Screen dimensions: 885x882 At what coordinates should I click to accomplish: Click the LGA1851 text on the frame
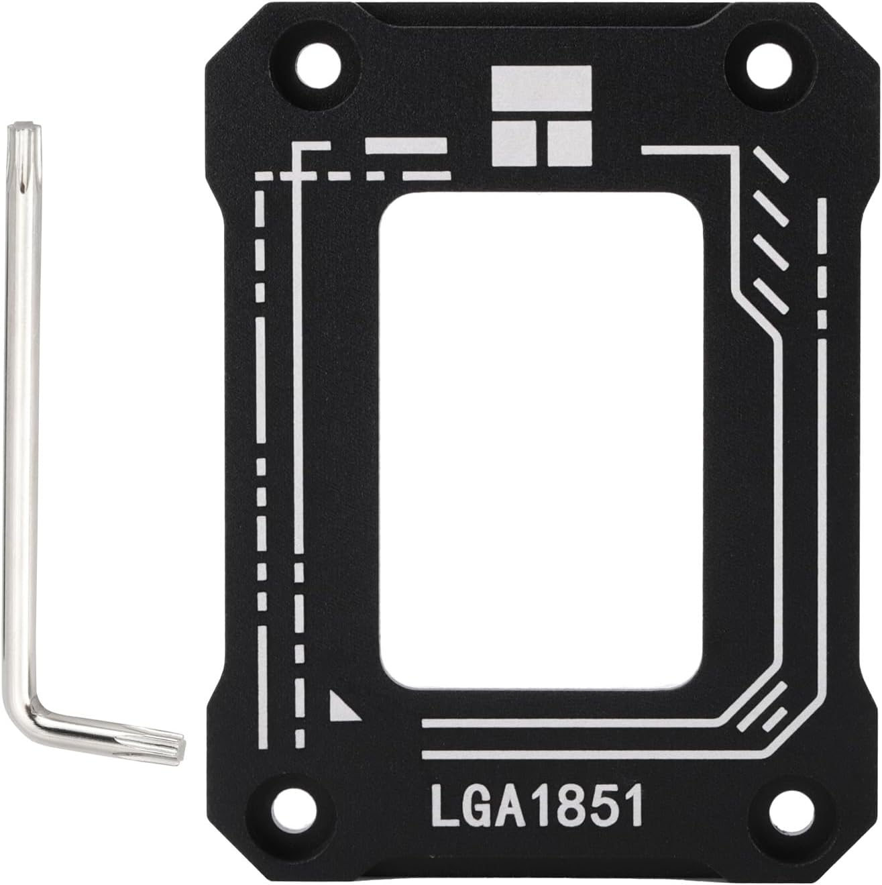[537, 807]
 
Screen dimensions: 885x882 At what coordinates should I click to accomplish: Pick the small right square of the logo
[569, 143]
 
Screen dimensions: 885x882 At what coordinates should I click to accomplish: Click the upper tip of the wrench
[24, 132]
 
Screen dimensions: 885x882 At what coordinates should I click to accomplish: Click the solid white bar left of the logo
[405, 145]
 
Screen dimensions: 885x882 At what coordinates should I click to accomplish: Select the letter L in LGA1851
[445, 808]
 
